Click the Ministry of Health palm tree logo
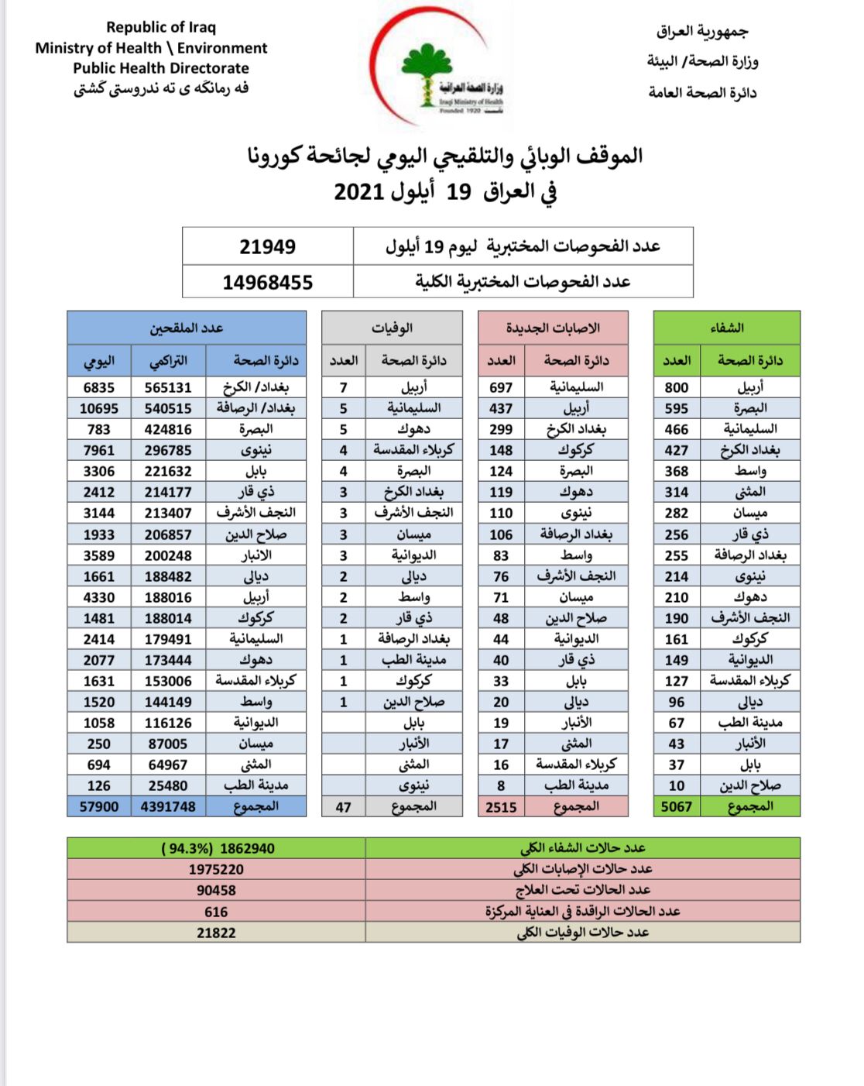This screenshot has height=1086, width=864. pyautogui.click(x=427, y=74)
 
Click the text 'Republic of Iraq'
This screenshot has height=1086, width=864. pyautogui.click(x=161, y=27)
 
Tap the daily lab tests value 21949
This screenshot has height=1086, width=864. pyautogui.click(x=267, y=247)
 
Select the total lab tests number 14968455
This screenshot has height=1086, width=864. pyautogui.click(x=267, y=282)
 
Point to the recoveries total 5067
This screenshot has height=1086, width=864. pyautogui.click(x=676, y=807)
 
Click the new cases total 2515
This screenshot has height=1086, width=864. pyautogui.click(x=501, y=807)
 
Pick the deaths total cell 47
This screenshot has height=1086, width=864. pyautogui.click(x=343, y=807)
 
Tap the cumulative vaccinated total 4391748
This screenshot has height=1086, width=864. pyautogui.click(x=168, y=807)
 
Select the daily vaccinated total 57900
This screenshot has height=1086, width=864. pyautogui.click(x=99, y=807)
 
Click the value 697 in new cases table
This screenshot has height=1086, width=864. pyautogui.click(x=501, y=387)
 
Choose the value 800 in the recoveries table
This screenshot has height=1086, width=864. pyautogui.click(x=676, y=387)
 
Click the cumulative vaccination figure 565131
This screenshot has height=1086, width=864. pyautogui.click(x=168, y=387)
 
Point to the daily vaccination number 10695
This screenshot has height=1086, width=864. pyautogui.click(x=99, y=408)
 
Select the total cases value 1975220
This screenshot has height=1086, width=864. pyautogui.click(x=216, y=869)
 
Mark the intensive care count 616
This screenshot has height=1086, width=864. pyautogui.click(x=216, y=912)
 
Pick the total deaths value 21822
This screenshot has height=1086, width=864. pyautogui.click(x=216, y=933)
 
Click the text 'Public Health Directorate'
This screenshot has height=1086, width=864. pyautogui.click(x=161, y=68)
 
